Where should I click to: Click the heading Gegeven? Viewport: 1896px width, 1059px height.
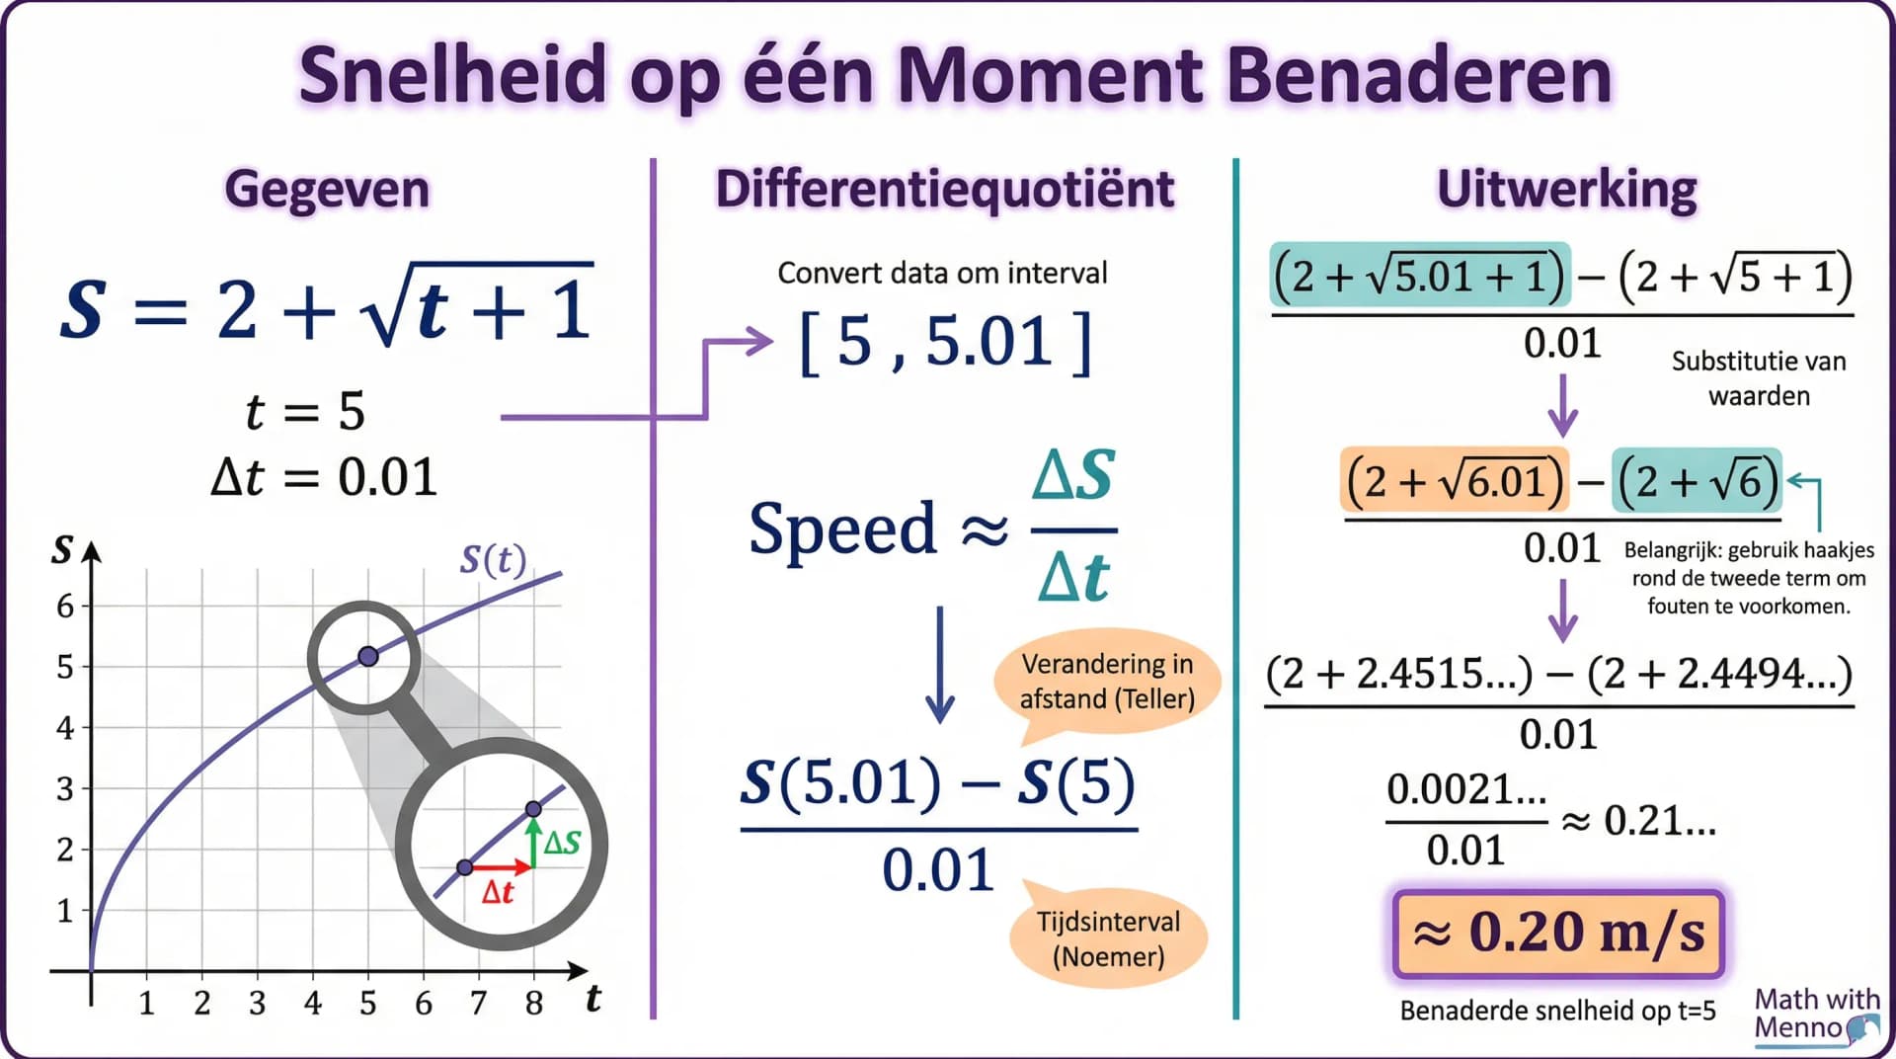click(x=327, y=189)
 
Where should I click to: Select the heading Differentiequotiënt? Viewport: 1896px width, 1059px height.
click(x=945, y=189)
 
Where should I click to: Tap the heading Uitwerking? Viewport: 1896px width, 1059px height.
click(x=1566, y=189)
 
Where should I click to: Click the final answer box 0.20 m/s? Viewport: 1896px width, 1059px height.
click(x=1558, y=933)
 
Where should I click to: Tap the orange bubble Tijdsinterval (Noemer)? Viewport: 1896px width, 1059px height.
click(x=1108, y=938)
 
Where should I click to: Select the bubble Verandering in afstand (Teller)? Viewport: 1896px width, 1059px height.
click(x=1107, y=681)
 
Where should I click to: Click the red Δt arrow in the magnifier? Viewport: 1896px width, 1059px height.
click(x=500, y=868)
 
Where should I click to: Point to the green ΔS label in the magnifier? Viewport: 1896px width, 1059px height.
click(x=562, y=843)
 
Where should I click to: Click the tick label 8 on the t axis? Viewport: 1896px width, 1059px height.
click(x=533, y=1004)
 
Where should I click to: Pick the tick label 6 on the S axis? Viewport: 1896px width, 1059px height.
click(x=65, y=606)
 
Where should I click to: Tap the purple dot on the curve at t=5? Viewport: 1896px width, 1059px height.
click(x=368, y=656)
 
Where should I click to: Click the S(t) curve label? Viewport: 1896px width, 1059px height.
click(x=493, y=560)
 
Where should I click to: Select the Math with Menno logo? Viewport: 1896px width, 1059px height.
click(x=1815, y=1015)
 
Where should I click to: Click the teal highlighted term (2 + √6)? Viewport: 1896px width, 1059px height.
click(x=1696, y=481)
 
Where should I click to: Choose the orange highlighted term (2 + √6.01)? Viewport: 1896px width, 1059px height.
click(x=1454, y=481)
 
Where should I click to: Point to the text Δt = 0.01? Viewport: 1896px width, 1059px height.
click(x=324, y=477)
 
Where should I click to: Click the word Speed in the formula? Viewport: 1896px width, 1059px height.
click(x=842, y=529)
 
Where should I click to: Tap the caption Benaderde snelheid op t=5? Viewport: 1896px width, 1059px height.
click(x=1557, y=1011)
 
